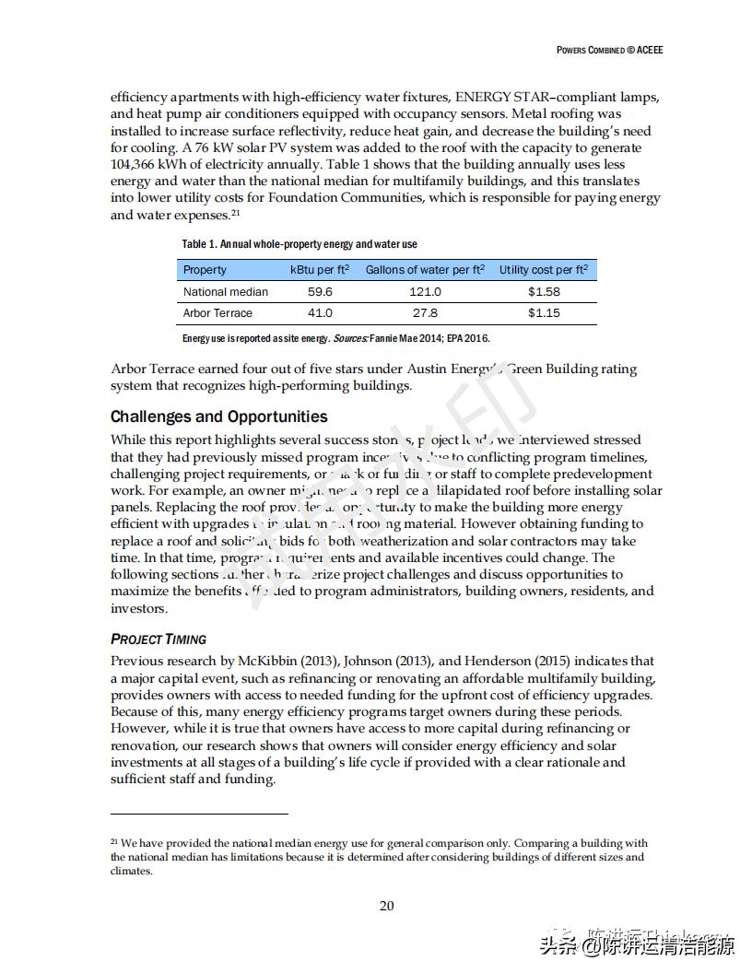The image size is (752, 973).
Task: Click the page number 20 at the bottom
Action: click(387, 906)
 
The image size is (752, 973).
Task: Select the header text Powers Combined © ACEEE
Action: click(609, 50)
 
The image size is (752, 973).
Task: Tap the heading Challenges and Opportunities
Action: click(218, 416)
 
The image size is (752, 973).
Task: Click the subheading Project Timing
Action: click(159, 639)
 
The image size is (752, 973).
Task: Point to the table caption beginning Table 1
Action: click(299, 244)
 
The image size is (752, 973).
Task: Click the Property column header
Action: click(205, 270)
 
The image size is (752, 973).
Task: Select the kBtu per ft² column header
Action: click(320, 270)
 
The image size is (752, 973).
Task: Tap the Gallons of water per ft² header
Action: click(425, 270)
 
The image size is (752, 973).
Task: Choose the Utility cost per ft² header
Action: click(544, 270)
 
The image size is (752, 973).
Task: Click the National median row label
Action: click(226, 292)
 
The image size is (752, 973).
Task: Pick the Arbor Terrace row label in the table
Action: click(217, 313)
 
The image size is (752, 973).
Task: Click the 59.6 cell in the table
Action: click(320, 292)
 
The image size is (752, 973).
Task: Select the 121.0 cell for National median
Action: click(425, 292)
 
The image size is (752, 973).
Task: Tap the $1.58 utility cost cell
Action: click(544, 292)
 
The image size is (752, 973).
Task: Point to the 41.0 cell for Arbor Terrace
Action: click(320, 313)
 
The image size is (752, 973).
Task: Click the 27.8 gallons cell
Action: click(425, 313)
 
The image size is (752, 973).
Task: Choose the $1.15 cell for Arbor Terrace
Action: click(544, 313)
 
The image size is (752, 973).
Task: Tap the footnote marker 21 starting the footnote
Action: click(114, 841)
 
